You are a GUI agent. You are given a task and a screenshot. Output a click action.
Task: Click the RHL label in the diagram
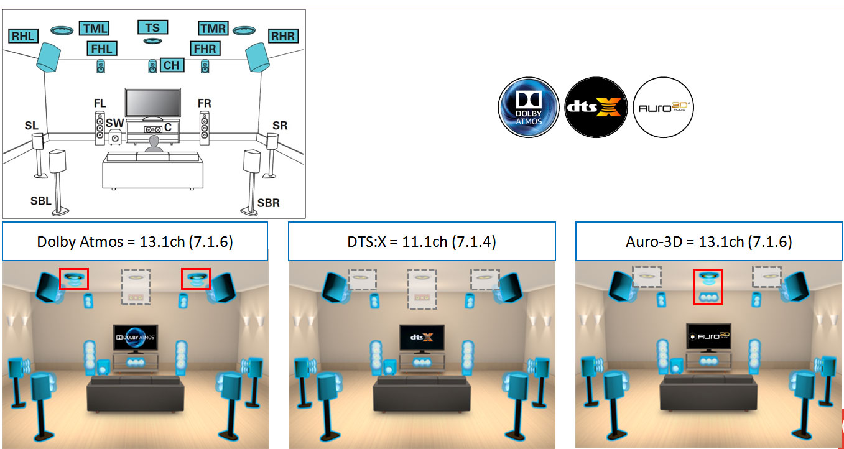pyautogui.click(x=24, y=36)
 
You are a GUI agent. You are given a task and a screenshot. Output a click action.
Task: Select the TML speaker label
pyautogui.click(x=94, y=29)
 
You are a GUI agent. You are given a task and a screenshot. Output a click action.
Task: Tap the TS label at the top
pyautogui.click(x=152, y=27)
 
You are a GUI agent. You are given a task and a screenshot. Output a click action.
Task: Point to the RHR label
pyautogui.click(x=283, y=36)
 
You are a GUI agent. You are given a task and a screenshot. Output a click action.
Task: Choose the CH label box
pyautogui.click(x=171, y=65)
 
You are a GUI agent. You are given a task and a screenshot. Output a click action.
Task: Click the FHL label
pyautogui.click(x=101, y=49)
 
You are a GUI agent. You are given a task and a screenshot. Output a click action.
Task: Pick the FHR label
pyautogui.click(x=205, y=49)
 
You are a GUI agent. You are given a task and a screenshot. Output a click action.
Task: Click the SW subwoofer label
pyautogui.click(x=114, y=123)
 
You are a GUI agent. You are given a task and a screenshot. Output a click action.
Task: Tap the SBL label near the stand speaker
pyautogui.click(x=41, y=201)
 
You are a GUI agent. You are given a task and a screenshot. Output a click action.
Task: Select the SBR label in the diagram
pyautogui.click(x=269, y=203)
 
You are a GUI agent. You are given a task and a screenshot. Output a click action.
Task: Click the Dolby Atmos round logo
pyautogui.click(x=529, y=108)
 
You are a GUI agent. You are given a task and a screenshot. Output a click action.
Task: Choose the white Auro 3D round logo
pyautogui.click(x=663, y=108)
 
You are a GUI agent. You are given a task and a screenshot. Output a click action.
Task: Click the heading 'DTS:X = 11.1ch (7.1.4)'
pyautogui.click(x=422, y=241)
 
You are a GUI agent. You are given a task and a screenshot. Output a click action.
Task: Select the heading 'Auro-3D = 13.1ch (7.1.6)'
pyautogui.click(x=709, y=241)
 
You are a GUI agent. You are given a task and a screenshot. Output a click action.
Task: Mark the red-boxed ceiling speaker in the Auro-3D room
pyautogui.click(x=708, y=286)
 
